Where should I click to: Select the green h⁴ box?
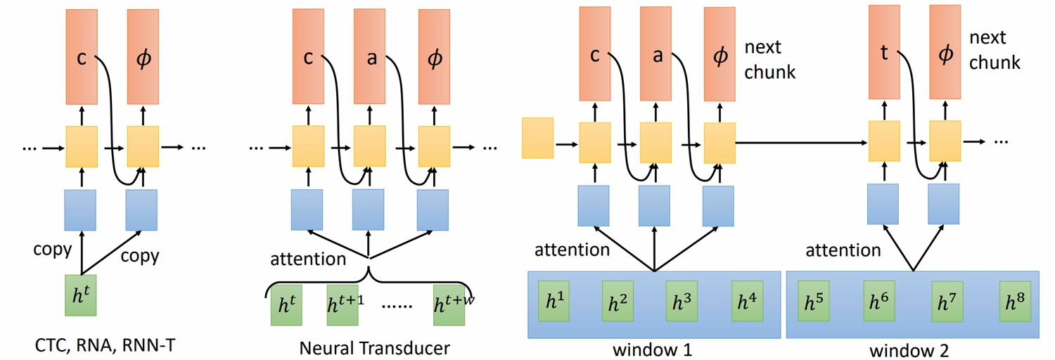(x=747, y=301)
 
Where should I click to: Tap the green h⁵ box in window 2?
(x=815, y=302)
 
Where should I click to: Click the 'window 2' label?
(x=912, y=349)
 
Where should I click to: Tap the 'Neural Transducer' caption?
(x=374, y=348)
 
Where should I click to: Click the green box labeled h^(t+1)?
(x=343, y=306)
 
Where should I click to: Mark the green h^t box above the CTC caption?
(x=79, y=295)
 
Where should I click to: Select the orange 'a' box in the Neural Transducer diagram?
(x=369, y=56)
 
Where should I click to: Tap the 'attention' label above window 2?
(x=843, y=250)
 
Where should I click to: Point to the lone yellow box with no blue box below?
(x=538, y=138)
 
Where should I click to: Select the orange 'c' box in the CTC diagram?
(x=82, y=56)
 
